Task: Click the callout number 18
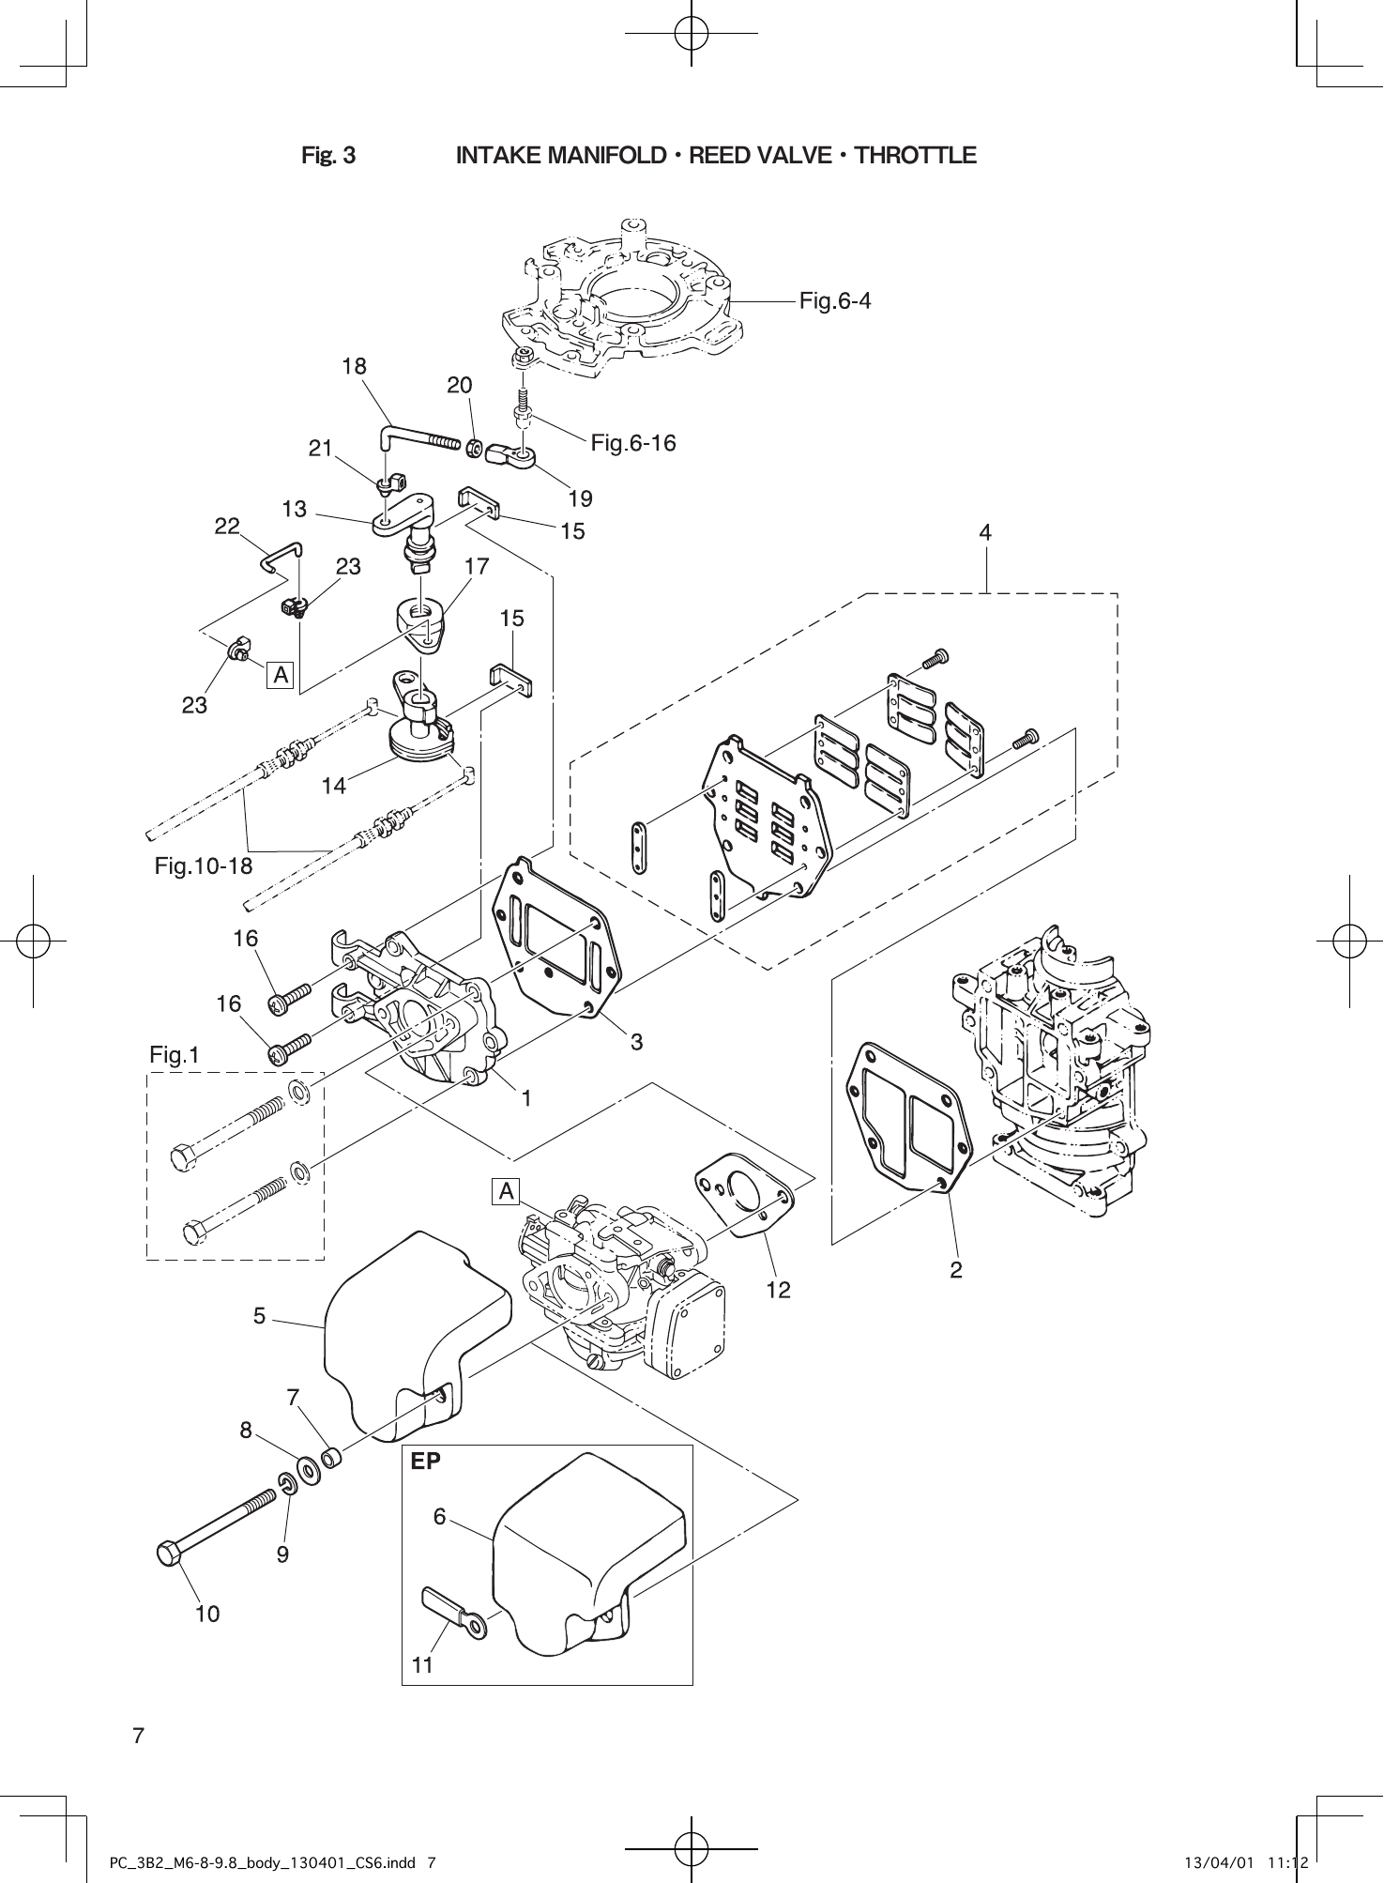coord(354,366)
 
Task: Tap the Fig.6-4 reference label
coord(834,301)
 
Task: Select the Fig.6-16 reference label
coord(632,443)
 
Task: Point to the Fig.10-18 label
coord(204,866)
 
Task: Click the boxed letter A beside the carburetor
coord(506,1191)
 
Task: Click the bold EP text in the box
coord(425,1461)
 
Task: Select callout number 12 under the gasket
coord(778,1291)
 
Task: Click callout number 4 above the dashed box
coord(985,532)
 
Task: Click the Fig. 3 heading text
coord(328,155)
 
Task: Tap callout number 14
coord(333,786)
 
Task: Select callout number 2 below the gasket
coord(955,1270)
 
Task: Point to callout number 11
coord(422,1664)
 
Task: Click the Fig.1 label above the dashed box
coord(175,1055)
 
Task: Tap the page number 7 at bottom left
coord(138,1736)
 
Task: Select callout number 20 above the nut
coord(459,385)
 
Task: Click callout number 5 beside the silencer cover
coord(259,1316)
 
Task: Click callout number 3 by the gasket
coord(636,1041)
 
